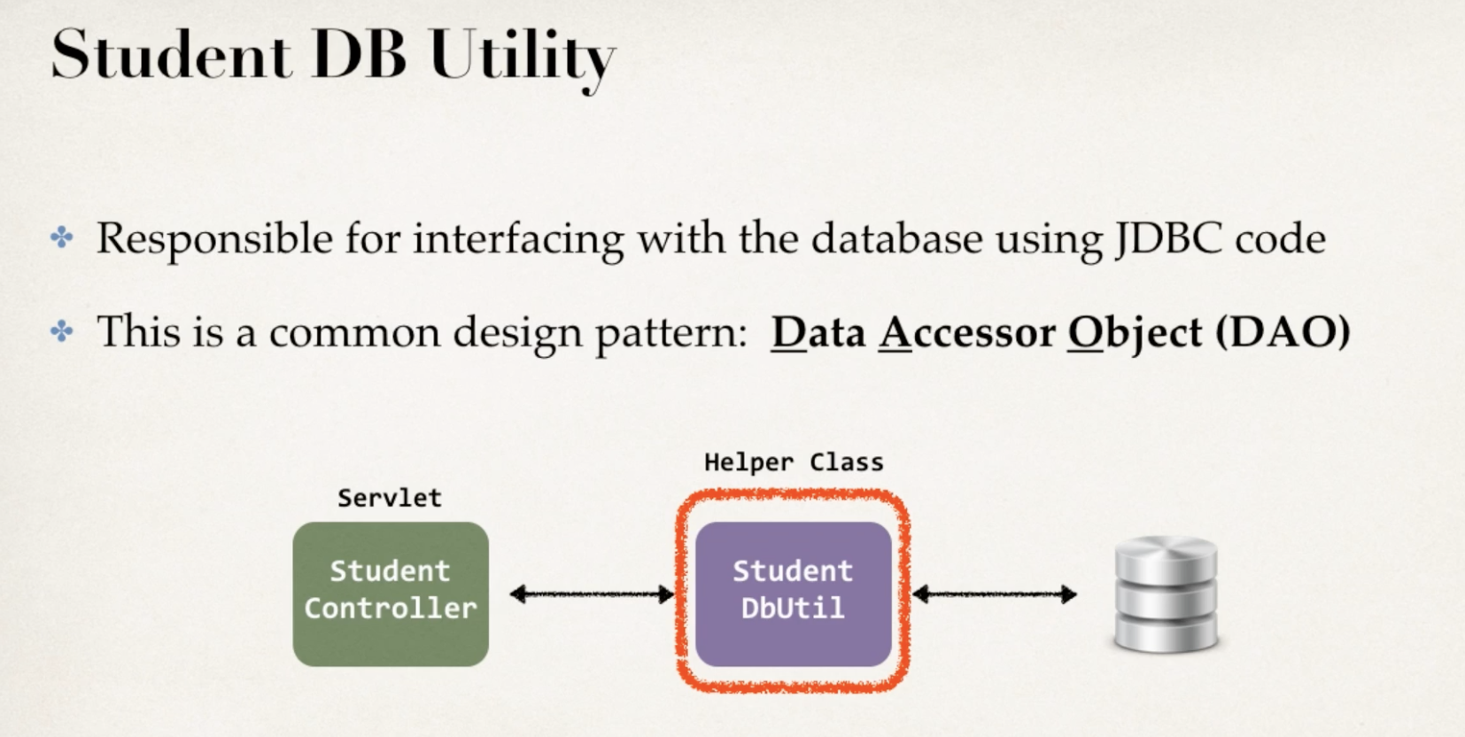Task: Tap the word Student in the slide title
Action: tap(170, 56)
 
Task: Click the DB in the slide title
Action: tap(359, 56)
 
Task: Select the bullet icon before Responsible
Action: tap(62, 237)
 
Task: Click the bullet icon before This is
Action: tap(62, 331)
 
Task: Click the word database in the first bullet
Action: tap(896, 239)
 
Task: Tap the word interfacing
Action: tap(518, 239)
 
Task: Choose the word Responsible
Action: tap(214, 239)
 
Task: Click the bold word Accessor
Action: tap(966, 333)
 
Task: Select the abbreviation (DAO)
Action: tap(1283, 333)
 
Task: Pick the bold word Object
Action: tap(1135, 333)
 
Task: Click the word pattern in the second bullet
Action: tap(670, 333)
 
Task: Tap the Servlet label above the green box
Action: tap(390, 498)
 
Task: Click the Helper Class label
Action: tap(794, 462)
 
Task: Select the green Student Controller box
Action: tap(391, 593)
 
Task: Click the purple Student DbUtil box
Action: tap(793, 593)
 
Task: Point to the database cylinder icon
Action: tap(1166, 593)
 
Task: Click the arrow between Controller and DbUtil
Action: tap(592, 594)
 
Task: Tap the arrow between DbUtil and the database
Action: tap(994, 594)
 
